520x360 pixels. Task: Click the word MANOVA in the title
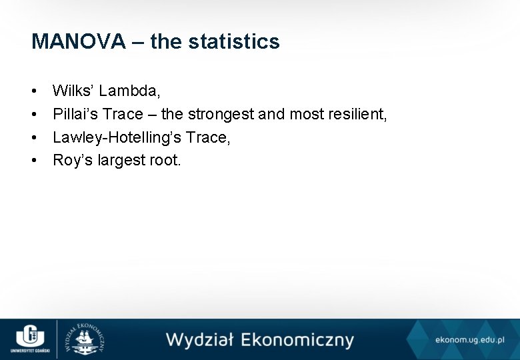pyautogui.click(x=78, y=42)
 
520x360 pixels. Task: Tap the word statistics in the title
pyautogui.click(x=234, y=42)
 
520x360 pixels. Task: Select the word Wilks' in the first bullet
pyautogui.click(x=73, y=90)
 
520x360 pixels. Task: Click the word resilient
pyautogui.click(x=357, y=113)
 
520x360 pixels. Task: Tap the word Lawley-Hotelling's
pyautogui.click(x=117, y=137)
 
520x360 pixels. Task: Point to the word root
pyautogui.click(x=164, y=160)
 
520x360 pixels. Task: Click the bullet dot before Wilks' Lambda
pyautogui.click(x=34, y=91)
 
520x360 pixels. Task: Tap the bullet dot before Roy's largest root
pyautogui.click(x=34, y=161)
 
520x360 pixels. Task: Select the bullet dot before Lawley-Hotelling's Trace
pyautogui.click(x=34, y=137)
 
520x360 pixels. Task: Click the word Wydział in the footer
pyautogui.click(x=199, y=340)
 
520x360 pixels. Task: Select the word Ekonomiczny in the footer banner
pyautogui.click(x=297, y=340)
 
